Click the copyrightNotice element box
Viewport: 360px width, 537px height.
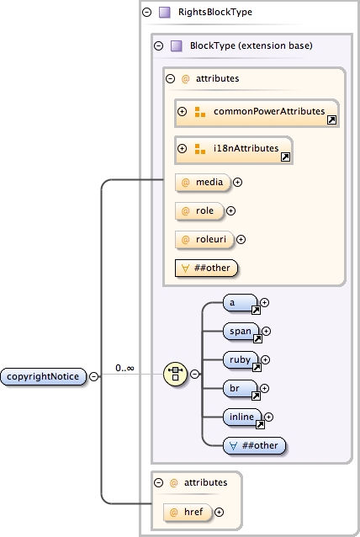tap(44, 376)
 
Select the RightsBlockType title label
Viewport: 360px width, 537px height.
tap(214, 13)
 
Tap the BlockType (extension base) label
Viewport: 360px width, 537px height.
tap(251, 45)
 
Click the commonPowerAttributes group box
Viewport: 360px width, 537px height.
tap(257, 112)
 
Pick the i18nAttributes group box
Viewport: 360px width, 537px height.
tap(234, 149)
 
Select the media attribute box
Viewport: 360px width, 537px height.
tap(202, 181)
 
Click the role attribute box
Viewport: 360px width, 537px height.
tap(199, 210)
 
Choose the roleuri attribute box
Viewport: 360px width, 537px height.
tap(204, 239)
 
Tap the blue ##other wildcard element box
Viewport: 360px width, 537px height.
tap(255, 445)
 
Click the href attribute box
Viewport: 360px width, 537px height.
tap(193, 511)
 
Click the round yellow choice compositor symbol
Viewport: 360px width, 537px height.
tap(175, 373)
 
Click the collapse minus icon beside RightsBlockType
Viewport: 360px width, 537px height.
tap(147, 13)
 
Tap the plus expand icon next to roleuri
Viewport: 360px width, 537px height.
tap(241, 239)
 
